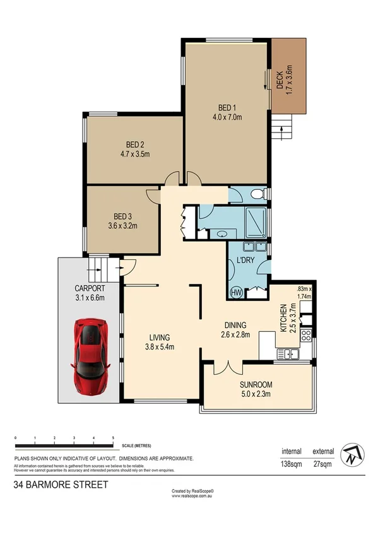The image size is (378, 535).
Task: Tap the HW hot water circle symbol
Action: click(237, 292)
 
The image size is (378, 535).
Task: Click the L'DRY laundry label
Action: click(244, 260)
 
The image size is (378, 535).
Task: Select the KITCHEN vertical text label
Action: click(285, 318)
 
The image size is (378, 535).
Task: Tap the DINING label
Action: click(237, 326)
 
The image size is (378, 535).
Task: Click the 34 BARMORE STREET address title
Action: click(61, 485)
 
